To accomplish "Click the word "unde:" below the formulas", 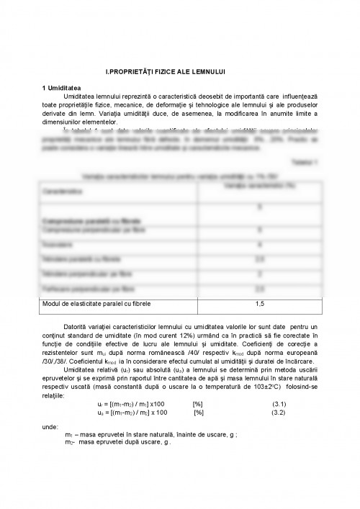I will (51, 427).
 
